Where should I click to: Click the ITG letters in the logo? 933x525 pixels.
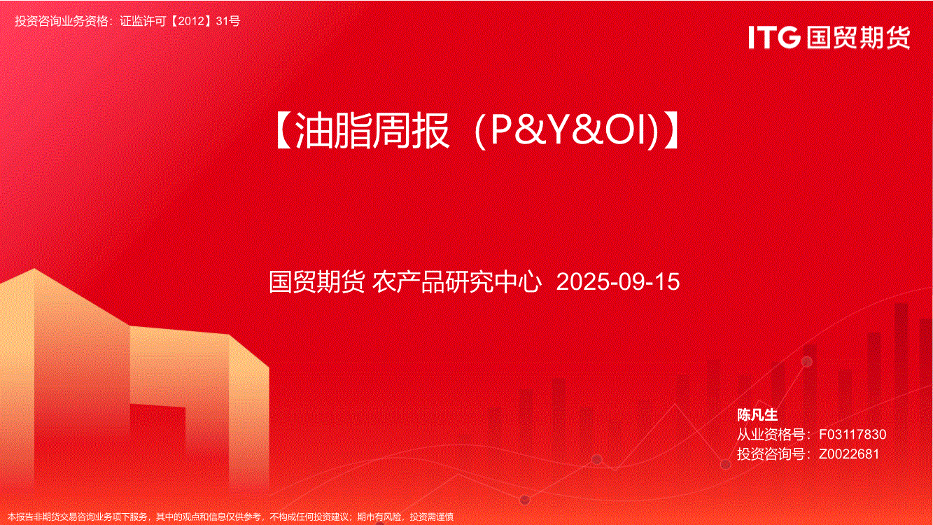coord(774,37)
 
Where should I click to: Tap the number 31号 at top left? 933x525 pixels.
coord(228,21)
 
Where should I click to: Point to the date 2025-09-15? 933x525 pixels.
coord(618,281)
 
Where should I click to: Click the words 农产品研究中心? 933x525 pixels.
coord(457,281)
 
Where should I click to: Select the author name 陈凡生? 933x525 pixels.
coord(757,414)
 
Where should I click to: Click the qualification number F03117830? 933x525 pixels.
coord(853,435)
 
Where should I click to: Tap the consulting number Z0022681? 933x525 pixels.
coord(849,454)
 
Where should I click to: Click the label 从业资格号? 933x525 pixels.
coord(771,435)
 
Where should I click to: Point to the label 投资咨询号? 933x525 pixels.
coord(771,454)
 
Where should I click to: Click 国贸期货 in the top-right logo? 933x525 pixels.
coord(858,38)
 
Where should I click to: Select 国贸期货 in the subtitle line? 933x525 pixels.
coord(317,281)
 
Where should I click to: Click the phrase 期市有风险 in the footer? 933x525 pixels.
coord(379,517)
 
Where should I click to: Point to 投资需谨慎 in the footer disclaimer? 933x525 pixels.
coord(432,517)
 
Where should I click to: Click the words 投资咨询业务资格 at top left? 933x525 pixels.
coord(62,21)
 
